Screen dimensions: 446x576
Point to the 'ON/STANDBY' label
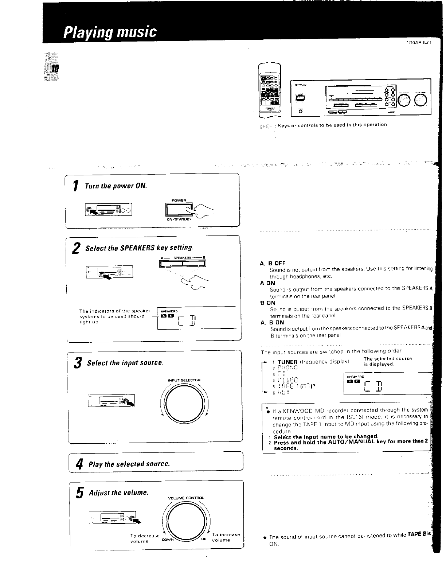179,219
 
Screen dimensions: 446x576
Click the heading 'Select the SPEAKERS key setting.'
139,248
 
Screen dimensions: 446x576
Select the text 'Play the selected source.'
129,464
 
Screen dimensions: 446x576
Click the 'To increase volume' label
226,537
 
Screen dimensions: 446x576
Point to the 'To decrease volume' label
145,538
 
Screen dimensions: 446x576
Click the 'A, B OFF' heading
273,263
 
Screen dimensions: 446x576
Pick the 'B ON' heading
268,303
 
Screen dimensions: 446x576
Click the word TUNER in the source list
287,362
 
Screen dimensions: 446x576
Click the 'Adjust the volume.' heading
118,493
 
